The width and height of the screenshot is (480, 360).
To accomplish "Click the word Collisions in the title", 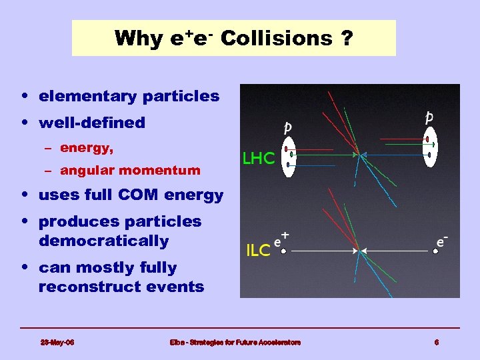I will (275, 38).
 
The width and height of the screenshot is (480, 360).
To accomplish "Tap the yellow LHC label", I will (258, 159).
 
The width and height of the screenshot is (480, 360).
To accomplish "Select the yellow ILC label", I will (258, 251).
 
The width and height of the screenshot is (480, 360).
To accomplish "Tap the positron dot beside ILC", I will (283, 251).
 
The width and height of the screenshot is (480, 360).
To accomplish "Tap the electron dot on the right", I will (435, 251).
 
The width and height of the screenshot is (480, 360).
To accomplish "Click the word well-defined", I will (92, 123).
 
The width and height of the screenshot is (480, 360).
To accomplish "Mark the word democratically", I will (103, 241).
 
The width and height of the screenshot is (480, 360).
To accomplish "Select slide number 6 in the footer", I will (436, 342).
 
